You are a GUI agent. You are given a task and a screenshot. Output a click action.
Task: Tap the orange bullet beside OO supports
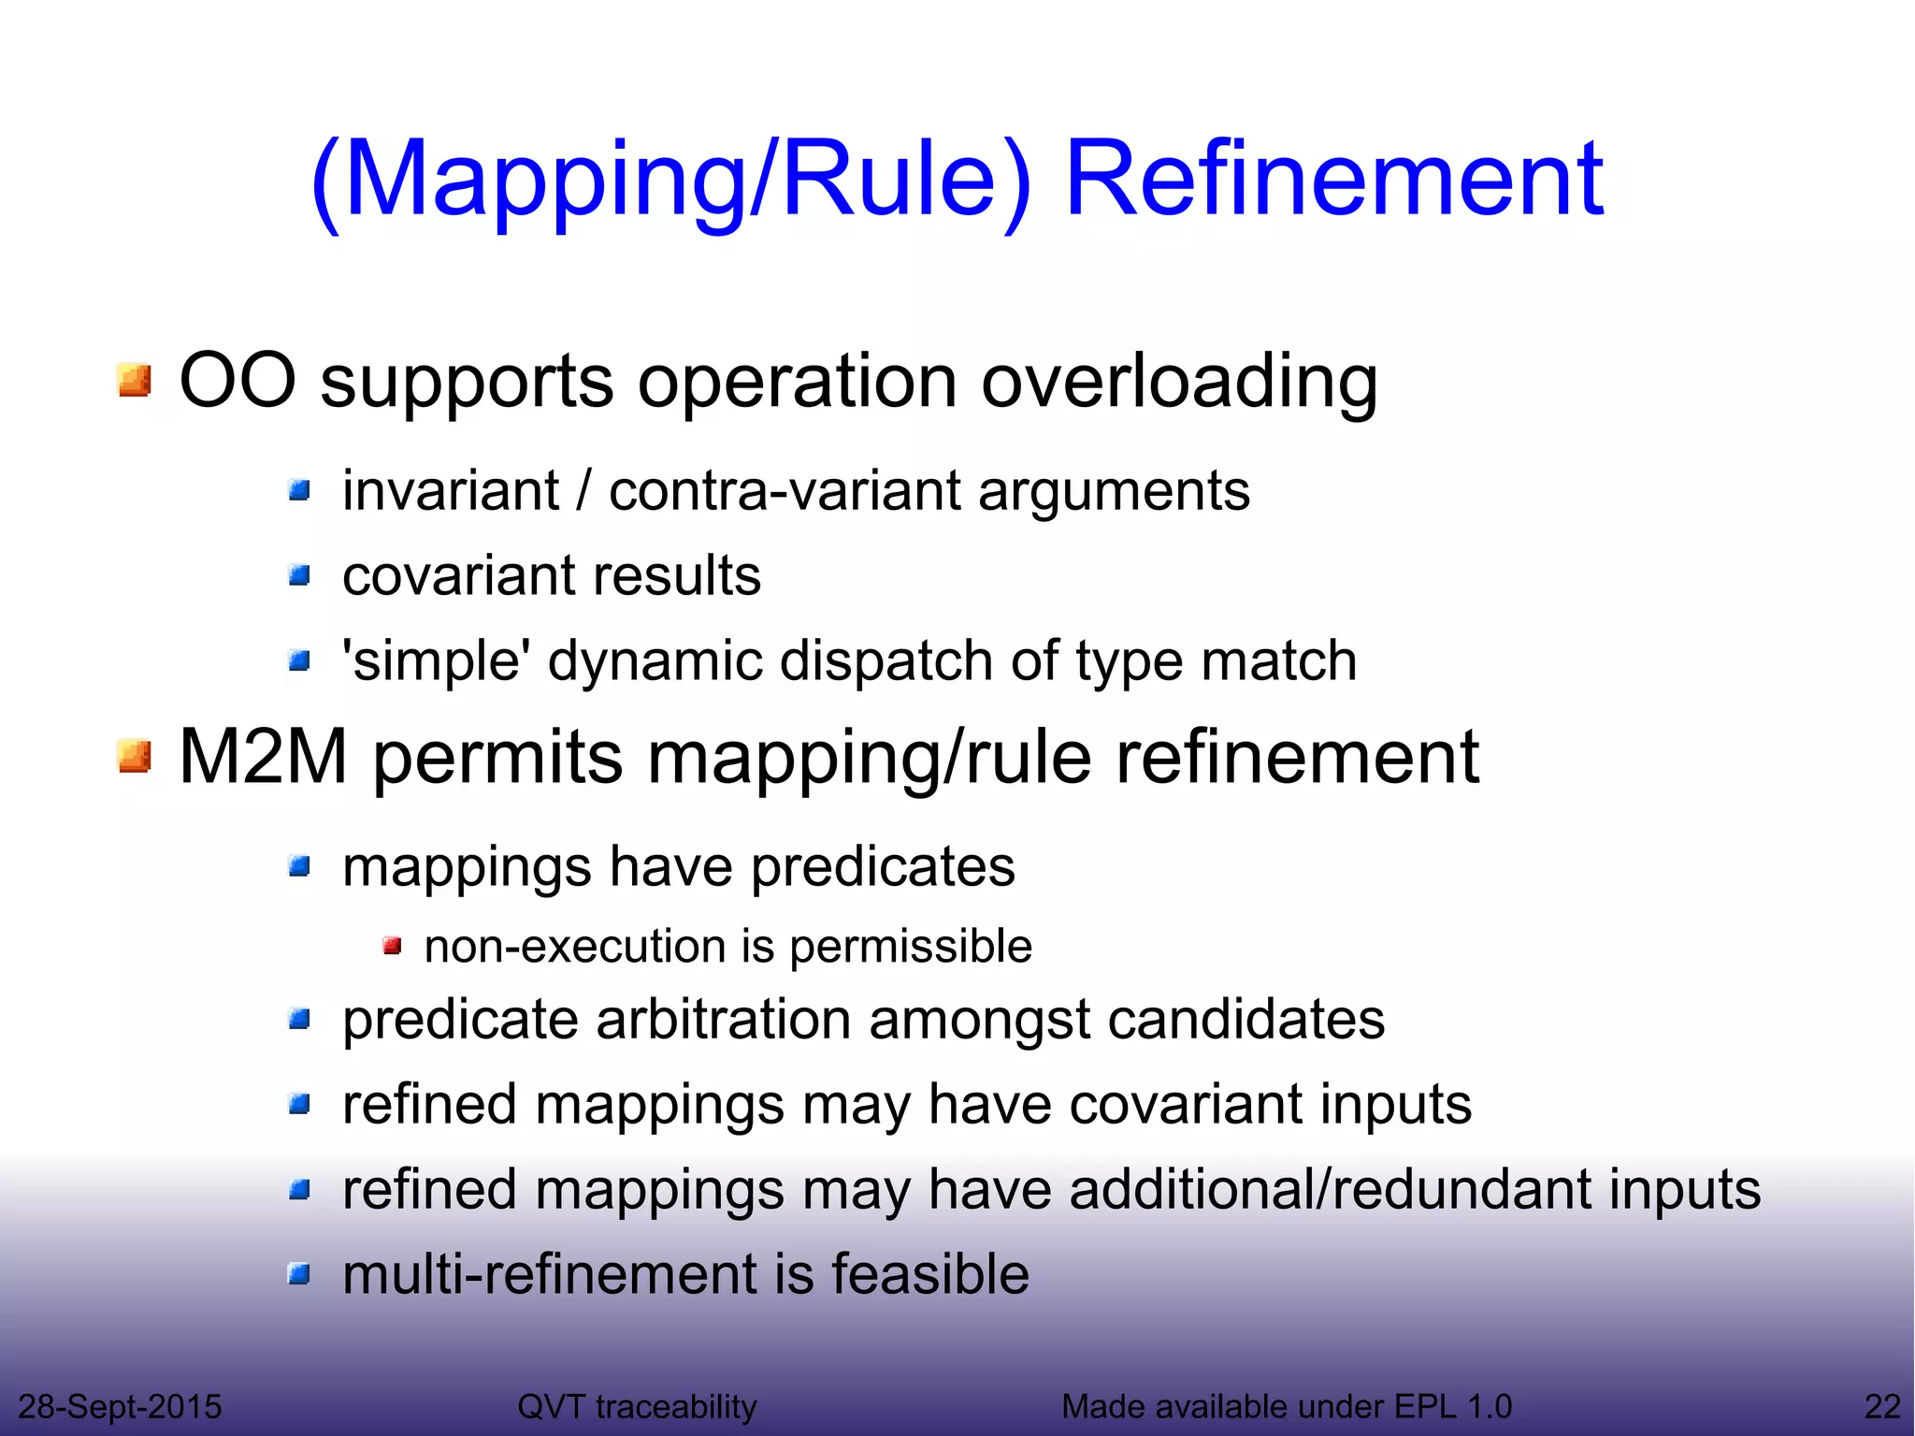(135, 381)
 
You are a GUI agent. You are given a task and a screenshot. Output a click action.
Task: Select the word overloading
(1179, 382)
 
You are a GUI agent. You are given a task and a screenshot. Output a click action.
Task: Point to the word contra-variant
(785, 490)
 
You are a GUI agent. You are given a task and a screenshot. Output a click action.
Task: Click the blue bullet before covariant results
(299, 574)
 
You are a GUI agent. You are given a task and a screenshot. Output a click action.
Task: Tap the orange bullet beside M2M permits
(135, 756)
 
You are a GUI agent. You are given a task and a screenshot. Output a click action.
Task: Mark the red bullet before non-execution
(393, 947)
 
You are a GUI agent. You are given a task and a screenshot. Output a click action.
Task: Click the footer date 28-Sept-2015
(120, 1406)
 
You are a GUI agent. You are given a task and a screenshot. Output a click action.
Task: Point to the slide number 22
(1882, 1406)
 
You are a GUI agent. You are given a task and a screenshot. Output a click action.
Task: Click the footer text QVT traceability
(637, 1406)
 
